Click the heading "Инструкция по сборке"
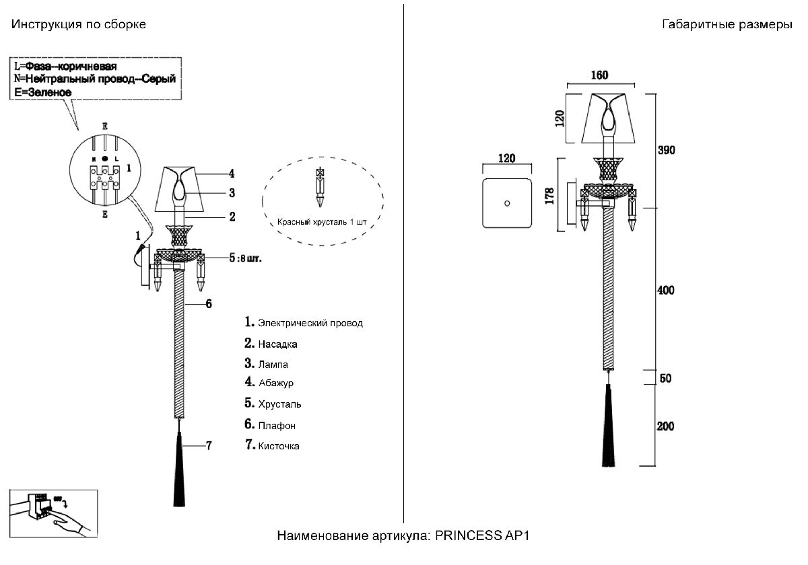pyautogui.click(x=78, y=24)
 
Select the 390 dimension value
pyautogui.click(x=667, y=149)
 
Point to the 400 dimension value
pyautogui.click(x=666, y=291)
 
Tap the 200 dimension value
pyautogui.click(x=666, y=426)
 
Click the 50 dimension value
pyautogui.click(x=665, y=378)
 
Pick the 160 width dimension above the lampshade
pyautogui.click(x=599, y=75)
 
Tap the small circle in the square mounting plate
pyautogui.click(x=506, y=203)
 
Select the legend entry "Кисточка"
pyautogui.click(x=279, y=446)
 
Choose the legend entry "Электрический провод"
pyautogui.click(x=310, y=324)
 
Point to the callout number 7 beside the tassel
pyautogui.click(x=209, y=445)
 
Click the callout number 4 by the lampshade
pyautogui.click(x=231, y=174)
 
